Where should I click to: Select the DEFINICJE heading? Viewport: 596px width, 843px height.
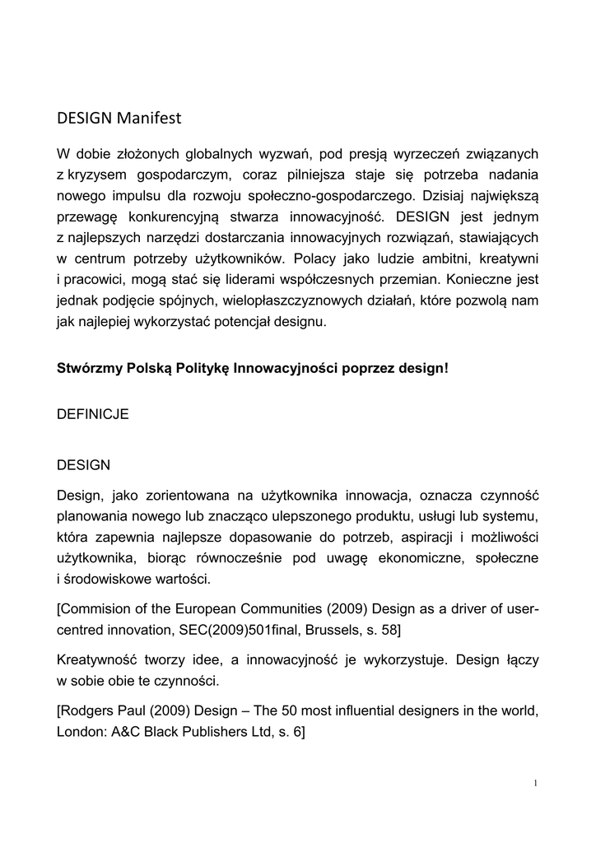(x=93, y=414)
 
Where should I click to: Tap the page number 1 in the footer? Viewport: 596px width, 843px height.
(x=535, y=783)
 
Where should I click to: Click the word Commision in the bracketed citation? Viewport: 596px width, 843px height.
(x=98, y=611)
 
